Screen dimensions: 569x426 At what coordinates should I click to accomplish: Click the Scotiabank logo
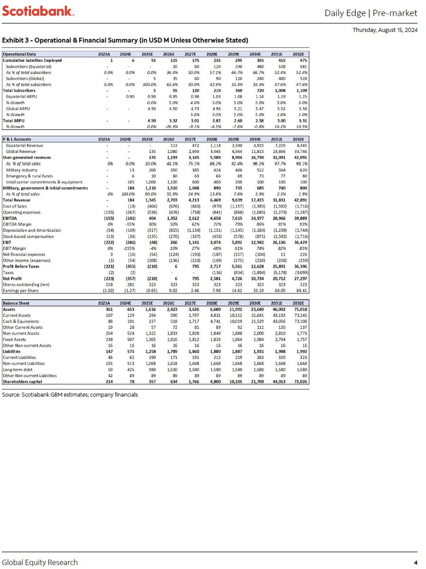coord(38,11)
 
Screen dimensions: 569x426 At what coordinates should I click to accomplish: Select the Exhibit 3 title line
coord(125,39)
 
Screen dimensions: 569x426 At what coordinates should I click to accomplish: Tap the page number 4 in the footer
coord(416,562)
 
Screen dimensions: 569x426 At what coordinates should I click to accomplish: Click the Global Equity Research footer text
coord(40,562)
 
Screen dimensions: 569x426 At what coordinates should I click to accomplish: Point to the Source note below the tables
coord(70,395)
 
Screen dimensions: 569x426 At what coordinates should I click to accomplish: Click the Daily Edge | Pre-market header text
coord(371,13)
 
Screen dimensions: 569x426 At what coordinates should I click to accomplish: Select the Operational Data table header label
coord(19,54)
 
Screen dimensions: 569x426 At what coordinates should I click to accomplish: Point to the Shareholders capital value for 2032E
coord(299,381)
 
